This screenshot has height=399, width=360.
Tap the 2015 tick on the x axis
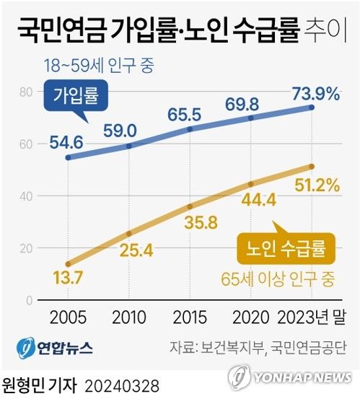pos(190,318)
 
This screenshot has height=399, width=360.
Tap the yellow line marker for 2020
pos(250,184)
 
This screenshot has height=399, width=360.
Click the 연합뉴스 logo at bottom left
pos(55,348)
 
